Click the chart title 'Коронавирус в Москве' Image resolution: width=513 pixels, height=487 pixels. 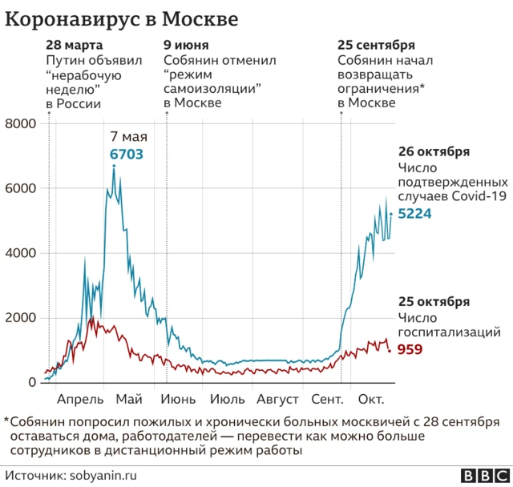pyautogui.click(x=121, y=18)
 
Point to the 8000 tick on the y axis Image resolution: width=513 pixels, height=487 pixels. pyautogui.click(x=21, y=123)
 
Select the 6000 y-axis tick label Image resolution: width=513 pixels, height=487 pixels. pyautogui.click(x=21, y=188)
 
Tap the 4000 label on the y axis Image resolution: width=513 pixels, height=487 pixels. pyautogui.click(x=21, y=253)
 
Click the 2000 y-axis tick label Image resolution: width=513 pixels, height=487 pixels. pyautogui.click(x=21, y=318)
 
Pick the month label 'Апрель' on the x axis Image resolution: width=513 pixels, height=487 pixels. pyautogui.click(x=80, y=399)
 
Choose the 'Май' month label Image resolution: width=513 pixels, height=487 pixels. pyautogui.click(x=129, y=399)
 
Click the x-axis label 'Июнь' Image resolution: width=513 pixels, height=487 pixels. pyautogui.click(x=179, y=399)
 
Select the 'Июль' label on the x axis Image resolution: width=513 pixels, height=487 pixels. pyautogui.click(x=228, y=399)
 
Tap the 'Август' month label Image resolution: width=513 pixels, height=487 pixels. pyautogui.click(x=278, y=399)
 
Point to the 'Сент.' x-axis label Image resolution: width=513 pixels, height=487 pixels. pyautogui.click(x=328, y=399)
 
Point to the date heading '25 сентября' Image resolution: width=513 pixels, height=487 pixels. pyautogui.click(x=376, y=45)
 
